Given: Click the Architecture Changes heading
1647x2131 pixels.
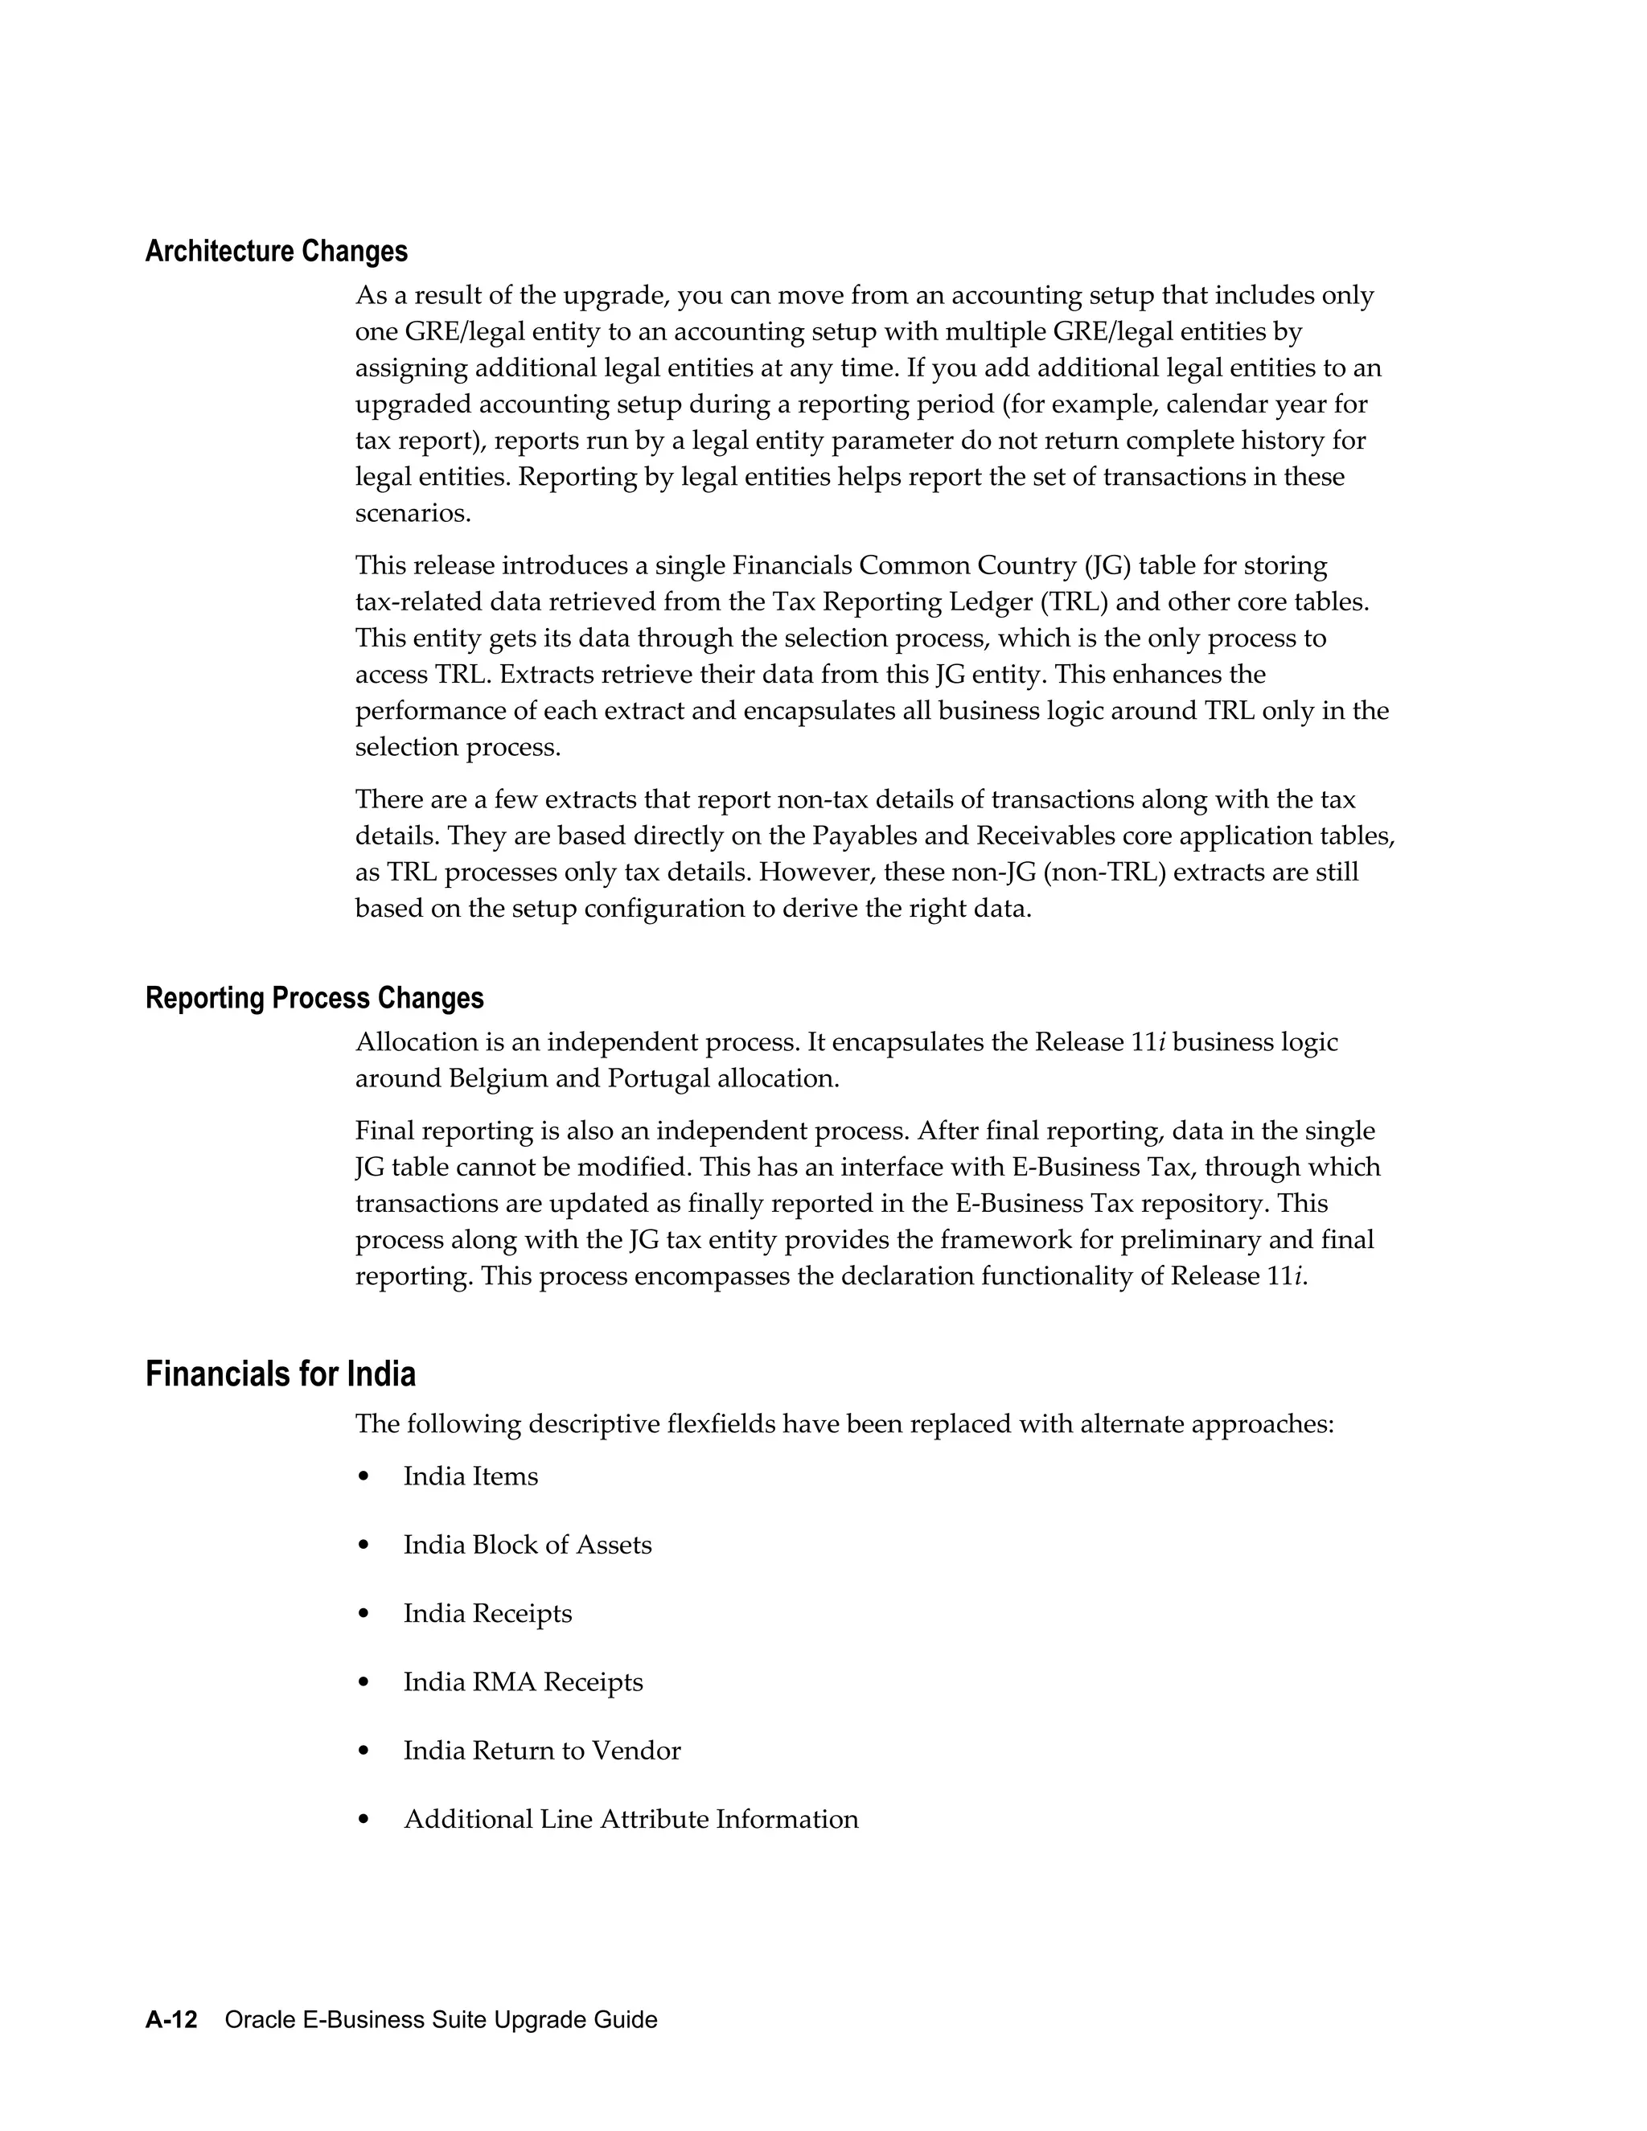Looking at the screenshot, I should [x=276, y=252].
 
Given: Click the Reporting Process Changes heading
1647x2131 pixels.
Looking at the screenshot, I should [x=314, y=998].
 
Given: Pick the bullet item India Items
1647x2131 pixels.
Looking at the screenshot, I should [x=470, y=1476].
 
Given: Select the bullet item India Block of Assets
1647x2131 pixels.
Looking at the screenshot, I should [x=527, y=1545].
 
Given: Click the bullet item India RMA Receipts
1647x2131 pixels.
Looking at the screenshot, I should [x=523, y=1682].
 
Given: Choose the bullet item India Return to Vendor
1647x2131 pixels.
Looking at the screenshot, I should [x=541, y=1751].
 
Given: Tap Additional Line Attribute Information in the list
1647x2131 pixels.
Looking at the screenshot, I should [x=630, y=1819].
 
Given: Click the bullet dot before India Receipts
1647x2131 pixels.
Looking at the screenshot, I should [x=364, y=1614].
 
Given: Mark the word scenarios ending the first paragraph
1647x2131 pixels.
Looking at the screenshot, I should [x=413, y=513].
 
